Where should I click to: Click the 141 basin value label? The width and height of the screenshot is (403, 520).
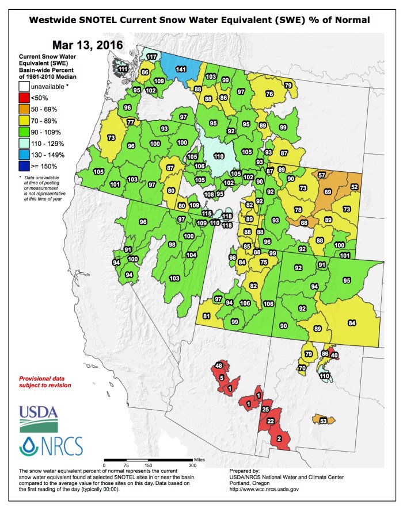181,69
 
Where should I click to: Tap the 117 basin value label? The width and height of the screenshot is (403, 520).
152,57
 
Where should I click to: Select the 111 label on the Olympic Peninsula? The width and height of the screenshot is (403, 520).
123,69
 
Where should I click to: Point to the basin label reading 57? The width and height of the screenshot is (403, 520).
322,175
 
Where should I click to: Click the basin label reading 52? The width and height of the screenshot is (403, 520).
355,187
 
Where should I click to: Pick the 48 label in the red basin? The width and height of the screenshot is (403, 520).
219,366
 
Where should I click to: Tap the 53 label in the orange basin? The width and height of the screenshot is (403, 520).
323,421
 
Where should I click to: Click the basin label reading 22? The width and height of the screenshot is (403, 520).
271,421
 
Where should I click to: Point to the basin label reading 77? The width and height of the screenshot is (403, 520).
131,122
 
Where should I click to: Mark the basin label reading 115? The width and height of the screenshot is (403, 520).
207,213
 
